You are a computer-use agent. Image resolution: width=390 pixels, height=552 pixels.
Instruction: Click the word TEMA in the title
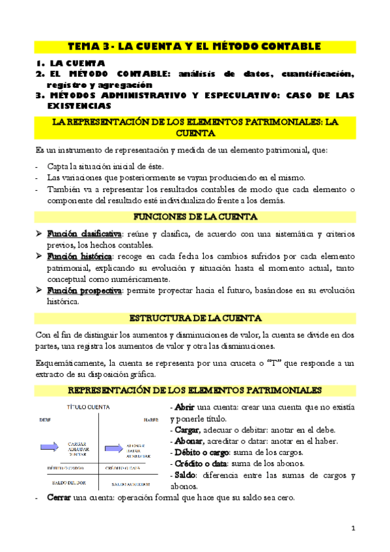point(83,46)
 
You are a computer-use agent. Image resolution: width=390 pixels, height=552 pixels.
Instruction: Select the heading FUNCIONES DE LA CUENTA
point(195,217)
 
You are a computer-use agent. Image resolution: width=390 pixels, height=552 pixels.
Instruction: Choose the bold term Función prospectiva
point(84,291)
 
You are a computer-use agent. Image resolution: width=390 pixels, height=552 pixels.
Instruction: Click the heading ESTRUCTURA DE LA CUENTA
point(195,318)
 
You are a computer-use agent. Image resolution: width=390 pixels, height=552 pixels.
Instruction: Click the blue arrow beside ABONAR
point(113,448)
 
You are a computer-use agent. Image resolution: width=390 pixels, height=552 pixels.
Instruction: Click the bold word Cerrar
point(59,498)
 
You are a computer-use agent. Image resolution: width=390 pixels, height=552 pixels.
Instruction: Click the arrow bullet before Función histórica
point(38,256)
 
